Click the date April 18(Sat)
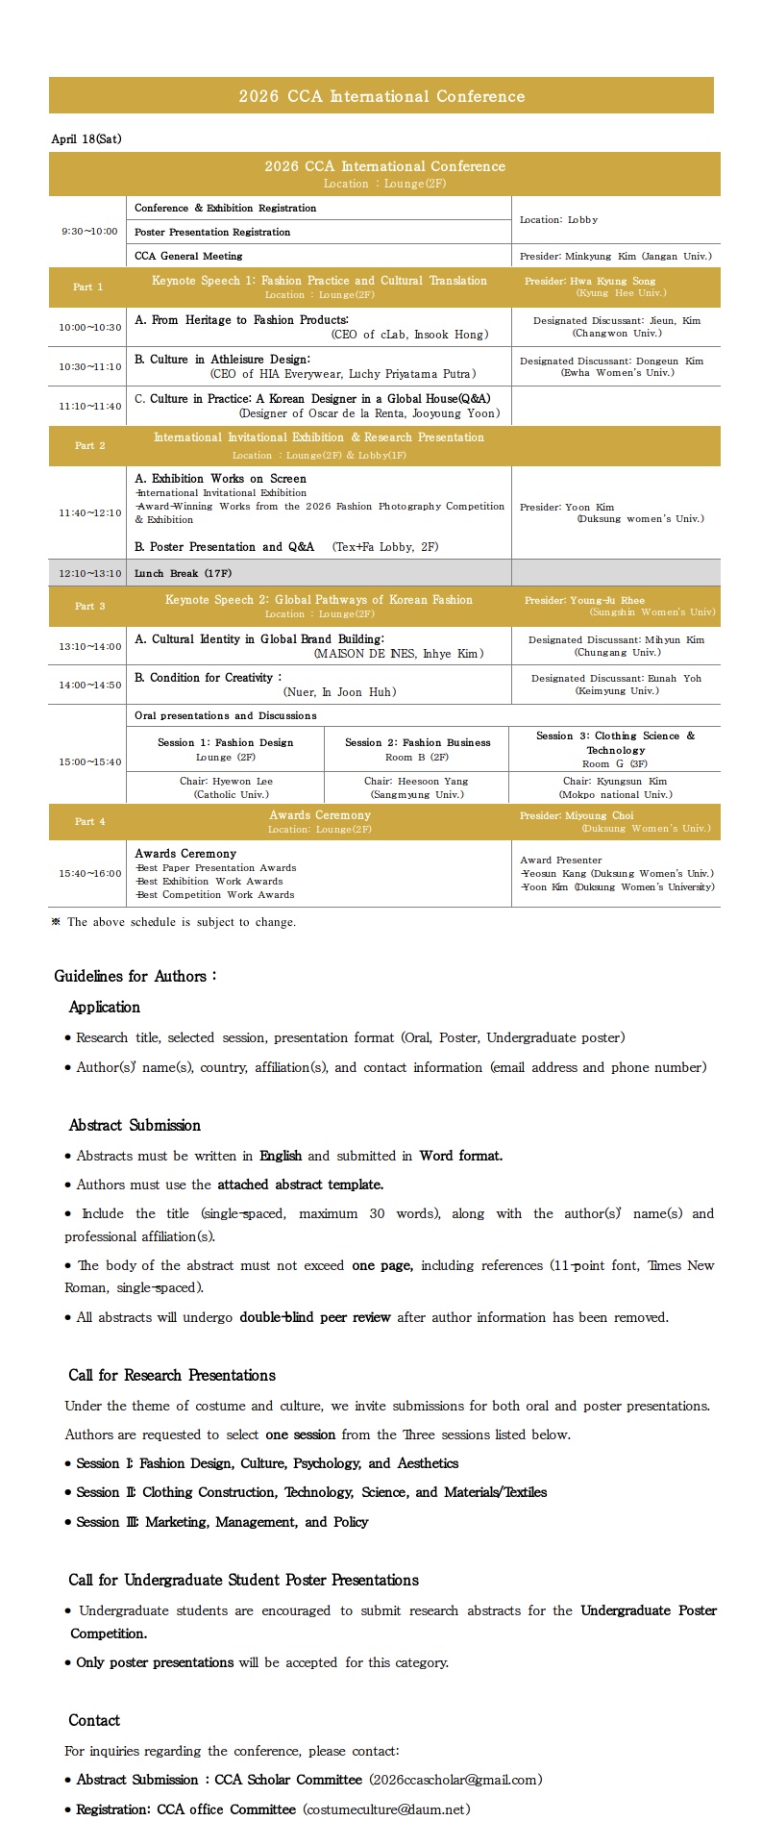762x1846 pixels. [86, 139]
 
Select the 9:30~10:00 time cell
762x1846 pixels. [89, 232]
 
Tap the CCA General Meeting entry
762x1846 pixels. [188, 257]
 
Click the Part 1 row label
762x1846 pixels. [88, 287]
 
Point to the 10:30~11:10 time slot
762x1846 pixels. [90, 366]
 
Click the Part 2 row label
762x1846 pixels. [89, 446]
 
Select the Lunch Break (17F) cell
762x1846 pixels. [183, 574]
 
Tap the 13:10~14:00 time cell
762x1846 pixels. [90, 647]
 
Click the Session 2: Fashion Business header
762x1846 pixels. [417, 742]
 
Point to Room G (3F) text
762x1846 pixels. [615, 764]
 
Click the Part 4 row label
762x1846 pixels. [89, 822]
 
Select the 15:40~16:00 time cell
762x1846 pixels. [90, 874]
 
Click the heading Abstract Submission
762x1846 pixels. [135, 1126]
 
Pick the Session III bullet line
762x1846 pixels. [222, 1523]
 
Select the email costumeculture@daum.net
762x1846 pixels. [386, 1810]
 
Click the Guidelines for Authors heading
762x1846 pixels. [135, 977]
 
